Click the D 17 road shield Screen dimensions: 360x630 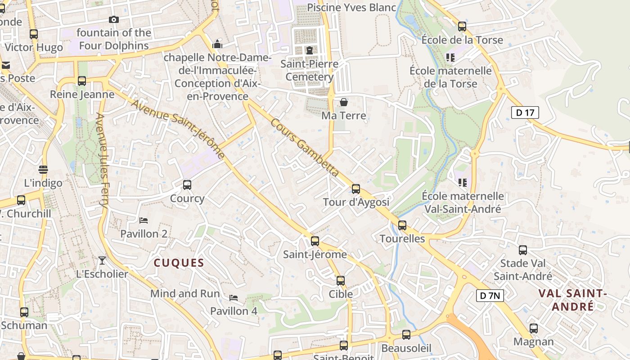[x=525, y=112]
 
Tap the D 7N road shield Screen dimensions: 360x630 [x=490, y=296]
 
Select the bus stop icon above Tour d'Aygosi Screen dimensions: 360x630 [x=356, y=189]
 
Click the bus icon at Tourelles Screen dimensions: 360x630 [x=402, y=225]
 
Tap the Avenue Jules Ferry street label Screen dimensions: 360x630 [x=102, y=160]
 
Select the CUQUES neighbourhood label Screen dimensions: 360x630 [x=179, y=263]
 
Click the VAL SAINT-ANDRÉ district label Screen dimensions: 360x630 [x=572, y=300]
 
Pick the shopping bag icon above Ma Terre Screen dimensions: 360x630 [x=344, y=102]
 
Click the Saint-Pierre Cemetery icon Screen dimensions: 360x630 [x=309, y=50]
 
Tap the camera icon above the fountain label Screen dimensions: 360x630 [x=114, y=19]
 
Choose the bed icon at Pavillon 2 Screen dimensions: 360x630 [x=144, y=220]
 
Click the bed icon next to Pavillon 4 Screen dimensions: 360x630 [x=234, y=298]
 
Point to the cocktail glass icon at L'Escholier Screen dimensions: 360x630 [x=102, y=261]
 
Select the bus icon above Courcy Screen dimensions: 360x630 [x=187, y=185]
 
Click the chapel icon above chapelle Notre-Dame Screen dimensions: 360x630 [x=217, y=44]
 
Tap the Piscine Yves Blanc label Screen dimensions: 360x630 [x=351, y=8]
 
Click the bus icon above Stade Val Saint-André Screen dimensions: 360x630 [x=522, y=250]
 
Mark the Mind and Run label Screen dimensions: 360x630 [x=185, y=294]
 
